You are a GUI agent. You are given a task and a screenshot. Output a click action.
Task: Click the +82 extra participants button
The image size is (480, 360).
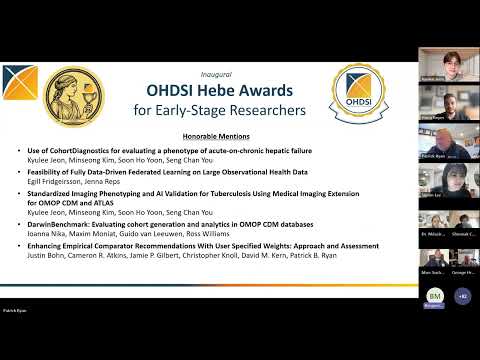461,296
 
